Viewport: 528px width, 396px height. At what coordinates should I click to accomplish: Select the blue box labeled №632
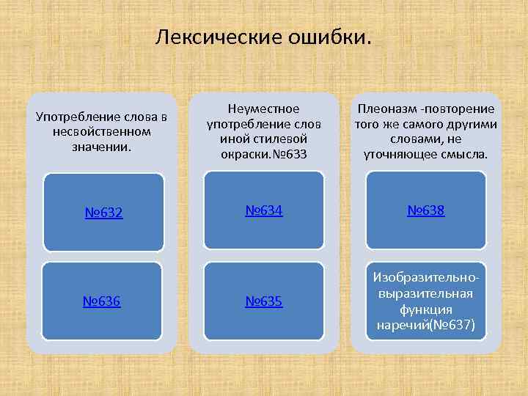103,213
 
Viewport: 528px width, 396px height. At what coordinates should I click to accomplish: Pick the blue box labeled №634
264,211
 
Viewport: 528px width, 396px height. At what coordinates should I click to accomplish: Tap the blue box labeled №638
425,210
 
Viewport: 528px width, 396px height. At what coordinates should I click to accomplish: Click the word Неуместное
264,108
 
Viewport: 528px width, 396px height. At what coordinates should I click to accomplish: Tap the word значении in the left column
101,147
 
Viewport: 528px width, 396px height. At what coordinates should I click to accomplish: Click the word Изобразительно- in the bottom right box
425,278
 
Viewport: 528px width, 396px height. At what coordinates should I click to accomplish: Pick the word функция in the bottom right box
425,309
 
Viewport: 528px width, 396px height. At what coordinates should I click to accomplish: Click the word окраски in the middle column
245,154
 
